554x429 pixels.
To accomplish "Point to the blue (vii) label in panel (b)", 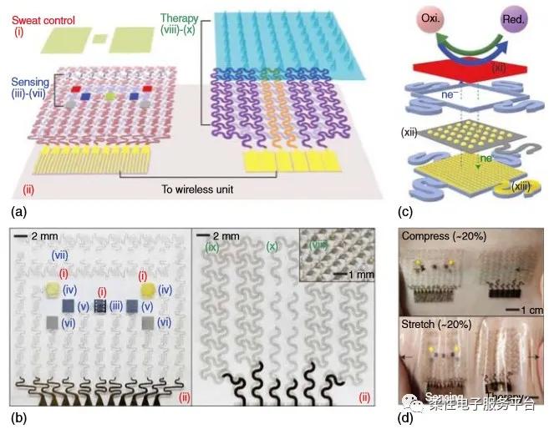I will coord(62,253).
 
